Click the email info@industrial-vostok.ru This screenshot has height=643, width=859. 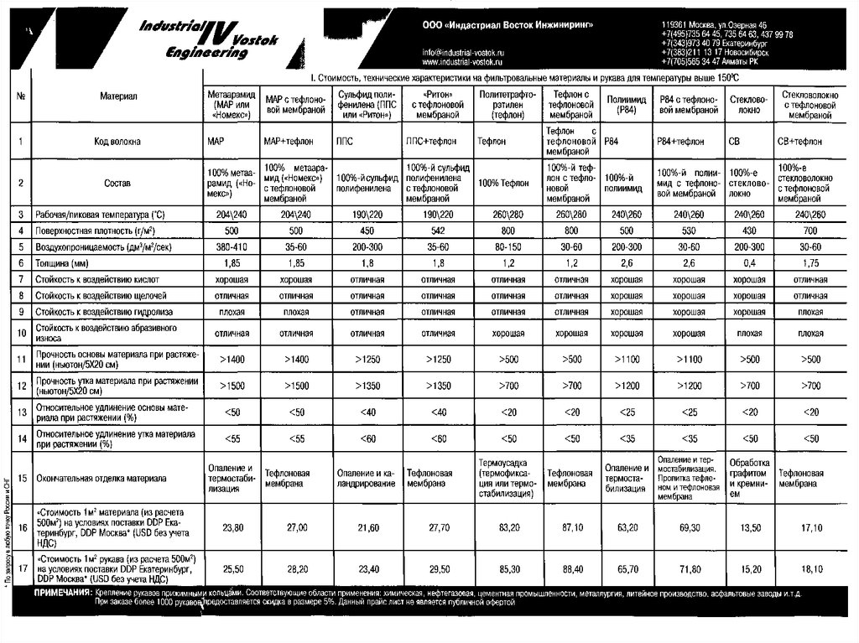(463, 53)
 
